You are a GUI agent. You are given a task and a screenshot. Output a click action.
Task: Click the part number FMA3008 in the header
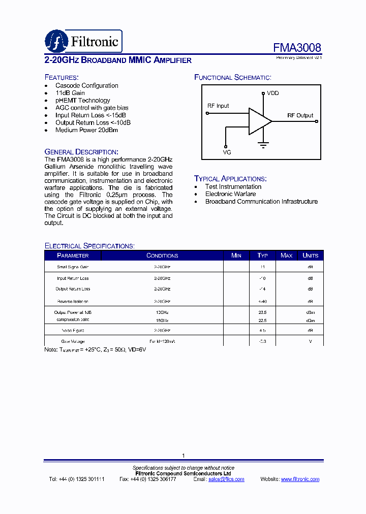tap(297, 48)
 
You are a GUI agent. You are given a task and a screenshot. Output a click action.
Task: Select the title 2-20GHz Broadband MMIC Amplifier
tap(118, 60)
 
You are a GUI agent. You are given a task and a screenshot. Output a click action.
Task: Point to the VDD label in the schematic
tap(273, 93)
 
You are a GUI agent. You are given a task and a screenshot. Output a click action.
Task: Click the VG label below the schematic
tap(227, 152)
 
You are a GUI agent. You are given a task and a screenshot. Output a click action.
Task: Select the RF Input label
tap(218, 106)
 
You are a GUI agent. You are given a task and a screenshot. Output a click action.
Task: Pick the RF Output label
tap(300, 116)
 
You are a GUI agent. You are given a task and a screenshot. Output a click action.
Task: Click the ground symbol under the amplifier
tap(263, 145)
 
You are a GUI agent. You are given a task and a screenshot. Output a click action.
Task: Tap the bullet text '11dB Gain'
tap(70, 93)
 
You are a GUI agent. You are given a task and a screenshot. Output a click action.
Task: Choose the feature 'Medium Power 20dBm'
tap(86, 130)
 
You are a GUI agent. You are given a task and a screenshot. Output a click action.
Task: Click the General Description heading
tap(81, 152)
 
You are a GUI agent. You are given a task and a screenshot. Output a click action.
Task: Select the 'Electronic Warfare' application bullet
tap(230, 194)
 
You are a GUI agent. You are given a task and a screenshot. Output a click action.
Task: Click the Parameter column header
tap(73, 255)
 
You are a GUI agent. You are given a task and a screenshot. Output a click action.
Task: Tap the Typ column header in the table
tap(262, 255)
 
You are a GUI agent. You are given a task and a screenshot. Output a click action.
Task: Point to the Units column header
tap(310, 255)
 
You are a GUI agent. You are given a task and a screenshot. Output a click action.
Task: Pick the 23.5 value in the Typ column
tap(262, 313)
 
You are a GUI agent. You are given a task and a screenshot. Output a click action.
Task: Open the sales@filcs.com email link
tap(226, 479)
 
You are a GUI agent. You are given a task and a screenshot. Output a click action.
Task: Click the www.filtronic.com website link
tap(300, 479)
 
